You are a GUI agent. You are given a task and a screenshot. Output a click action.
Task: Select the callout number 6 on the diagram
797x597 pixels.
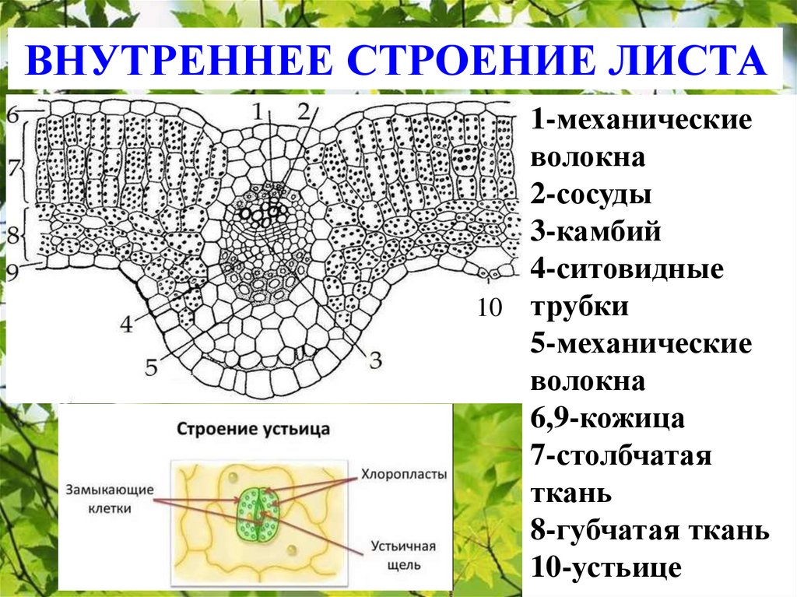tap(12, 114)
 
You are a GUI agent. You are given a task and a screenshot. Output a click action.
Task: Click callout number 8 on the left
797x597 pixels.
tap(12, 234)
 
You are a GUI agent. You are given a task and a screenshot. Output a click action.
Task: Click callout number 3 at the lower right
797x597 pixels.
tap(374, 359)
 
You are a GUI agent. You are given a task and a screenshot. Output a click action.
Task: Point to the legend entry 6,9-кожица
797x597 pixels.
tap(608, 419)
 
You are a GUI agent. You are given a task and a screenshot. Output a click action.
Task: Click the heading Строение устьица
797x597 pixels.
tap(254, 429)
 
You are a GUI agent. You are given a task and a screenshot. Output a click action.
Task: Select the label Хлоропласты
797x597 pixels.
tap(403, 473)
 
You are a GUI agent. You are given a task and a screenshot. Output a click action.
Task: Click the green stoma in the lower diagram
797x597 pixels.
tap(256, 514)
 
